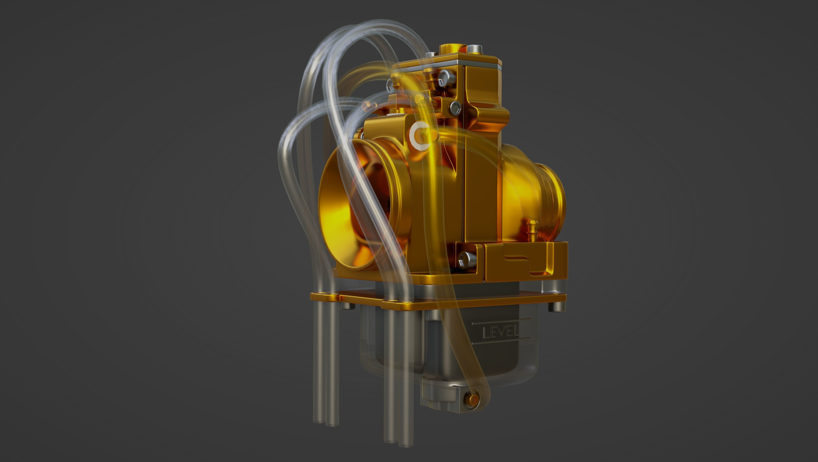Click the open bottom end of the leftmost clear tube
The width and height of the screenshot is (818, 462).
click(318, 421)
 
